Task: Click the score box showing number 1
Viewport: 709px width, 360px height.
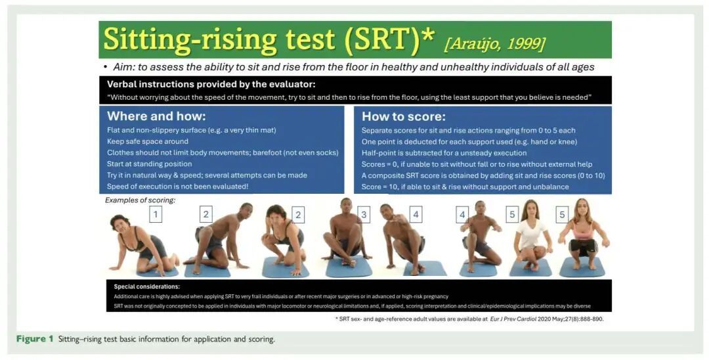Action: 156,214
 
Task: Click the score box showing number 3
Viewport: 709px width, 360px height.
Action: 364,215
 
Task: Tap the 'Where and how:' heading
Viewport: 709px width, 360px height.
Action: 156,116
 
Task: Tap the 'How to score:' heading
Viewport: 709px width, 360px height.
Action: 403,117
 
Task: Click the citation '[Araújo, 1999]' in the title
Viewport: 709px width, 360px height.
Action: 495,44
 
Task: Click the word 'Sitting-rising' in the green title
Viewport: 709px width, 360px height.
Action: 190,39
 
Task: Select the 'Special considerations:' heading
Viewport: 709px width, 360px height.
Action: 146,286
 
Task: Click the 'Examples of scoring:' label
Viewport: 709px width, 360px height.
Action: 140,200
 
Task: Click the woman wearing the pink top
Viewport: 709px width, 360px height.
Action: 584,235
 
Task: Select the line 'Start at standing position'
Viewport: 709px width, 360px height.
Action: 149,164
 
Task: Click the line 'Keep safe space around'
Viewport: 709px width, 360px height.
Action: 148,141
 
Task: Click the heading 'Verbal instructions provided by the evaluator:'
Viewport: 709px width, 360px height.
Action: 211,84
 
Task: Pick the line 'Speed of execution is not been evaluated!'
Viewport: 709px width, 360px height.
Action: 178,187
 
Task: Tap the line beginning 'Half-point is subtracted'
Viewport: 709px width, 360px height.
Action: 444,153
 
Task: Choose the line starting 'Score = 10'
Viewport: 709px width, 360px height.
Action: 465,187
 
